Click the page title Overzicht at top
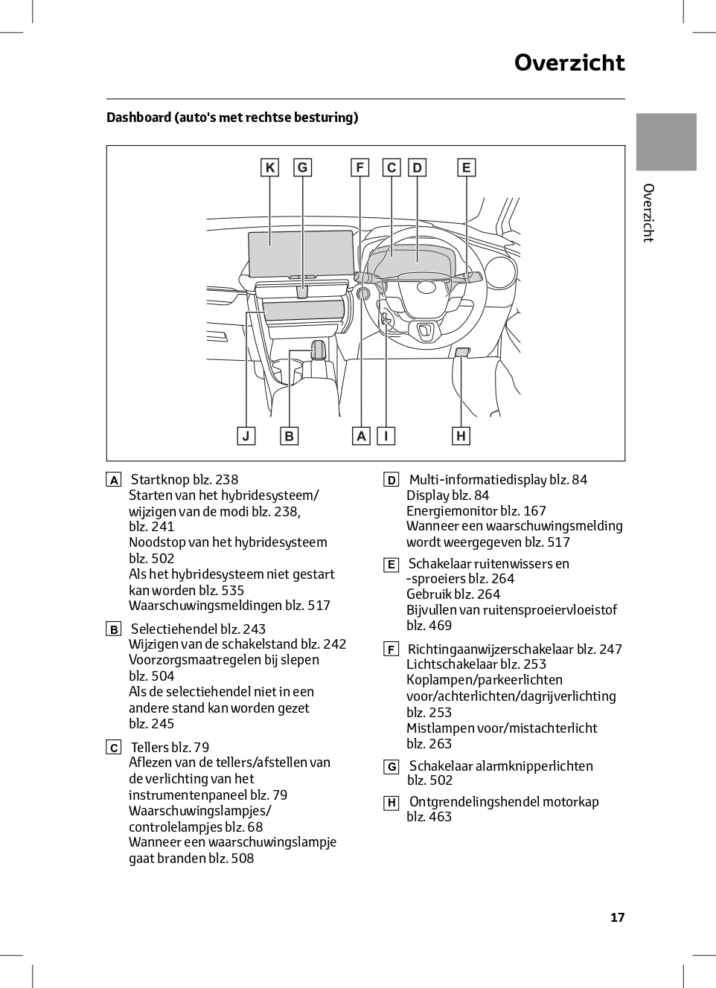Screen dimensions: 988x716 point(569,62)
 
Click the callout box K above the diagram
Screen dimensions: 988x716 point(269,167)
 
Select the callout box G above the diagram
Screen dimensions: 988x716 point(302,167)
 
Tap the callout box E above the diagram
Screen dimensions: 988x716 point(466,167)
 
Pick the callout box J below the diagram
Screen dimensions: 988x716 point(246,436)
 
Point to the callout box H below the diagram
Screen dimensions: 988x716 point(461,436)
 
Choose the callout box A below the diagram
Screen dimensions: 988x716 point(361,436)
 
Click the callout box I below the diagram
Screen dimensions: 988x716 point(386,436)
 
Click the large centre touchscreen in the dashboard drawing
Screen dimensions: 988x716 point(301,253)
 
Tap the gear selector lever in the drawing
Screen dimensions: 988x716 point(318,349)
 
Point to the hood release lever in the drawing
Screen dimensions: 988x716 point(461,352)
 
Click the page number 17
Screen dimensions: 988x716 point(617,917)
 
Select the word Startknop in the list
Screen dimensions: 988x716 point(160,480)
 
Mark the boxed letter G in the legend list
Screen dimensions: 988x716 point(391,766)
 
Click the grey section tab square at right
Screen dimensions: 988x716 point(666,142)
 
